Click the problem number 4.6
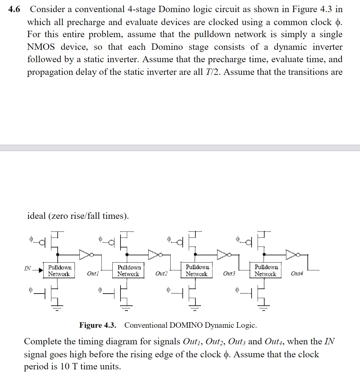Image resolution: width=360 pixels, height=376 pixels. point(14,9)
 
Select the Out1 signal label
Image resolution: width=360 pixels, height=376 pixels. point(93,273)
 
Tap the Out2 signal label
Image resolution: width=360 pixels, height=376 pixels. point(161,273)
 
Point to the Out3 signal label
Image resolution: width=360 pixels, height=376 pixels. point(229,273)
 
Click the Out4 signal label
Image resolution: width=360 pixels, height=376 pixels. point(297,273)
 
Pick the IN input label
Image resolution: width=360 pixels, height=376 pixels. point(27,268)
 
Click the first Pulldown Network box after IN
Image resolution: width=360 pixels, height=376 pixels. point(59,271)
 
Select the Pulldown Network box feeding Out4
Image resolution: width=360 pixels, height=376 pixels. point(266,270)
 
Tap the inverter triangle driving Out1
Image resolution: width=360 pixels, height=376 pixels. point(85,254)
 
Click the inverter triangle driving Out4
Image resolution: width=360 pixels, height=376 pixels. point(291,254)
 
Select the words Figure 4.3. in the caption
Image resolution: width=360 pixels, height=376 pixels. point(98,325)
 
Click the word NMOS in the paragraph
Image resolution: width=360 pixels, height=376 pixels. point(41,47)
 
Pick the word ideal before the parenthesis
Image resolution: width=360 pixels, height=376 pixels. point(37,216)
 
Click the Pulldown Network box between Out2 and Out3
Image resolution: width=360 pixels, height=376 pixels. point(197,270)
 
